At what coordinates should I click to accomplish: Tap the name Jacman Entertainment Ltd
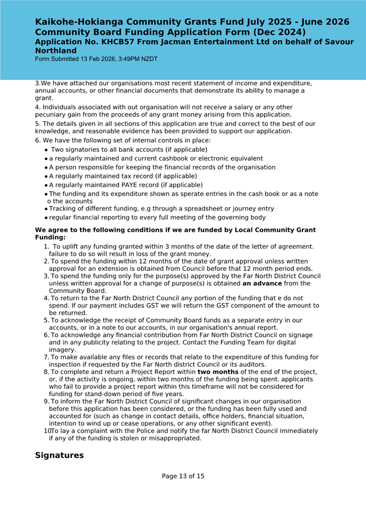coord(222,42)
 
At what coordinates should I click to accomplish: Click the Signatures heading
coord(59,455)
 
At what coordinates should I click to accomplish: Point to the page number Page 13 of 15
coord(183,476)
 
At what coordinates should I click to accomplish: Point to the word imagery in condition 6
coord(62,350)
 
